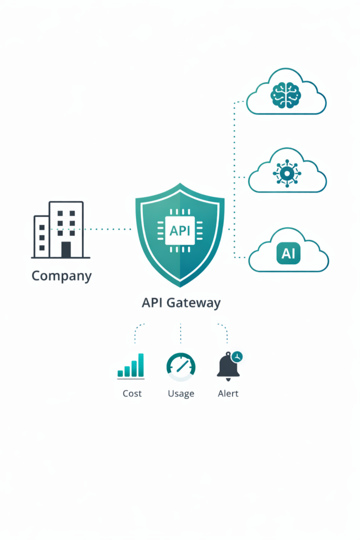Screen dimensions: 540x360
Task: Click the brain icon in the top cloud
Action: [x=286, y=95]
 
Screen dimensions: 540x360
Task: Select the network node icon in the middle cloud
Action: [x=287, y=173]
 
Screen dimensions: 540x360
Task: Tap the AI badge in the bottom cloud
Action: [x=288, y=254]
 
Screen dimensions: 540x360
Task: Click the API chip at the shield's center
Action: [x=180, y=230]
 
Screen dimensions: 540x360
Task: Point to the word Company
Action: [x=62, y=275]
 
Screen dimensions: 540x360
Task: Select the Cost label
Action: [x=132, y=393]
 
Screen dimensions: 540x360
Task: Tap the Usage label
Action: [x=181, y=393]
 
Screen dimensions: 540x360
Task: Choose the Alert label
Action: [x=228, y=393]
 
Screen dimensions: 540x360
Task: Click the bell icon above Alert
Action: [x=228, y=367]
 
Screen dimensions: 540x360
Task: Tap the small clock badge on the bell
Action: [x=237, y=356]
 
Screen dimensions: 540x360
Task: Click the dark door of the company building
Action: [x=66, y=249]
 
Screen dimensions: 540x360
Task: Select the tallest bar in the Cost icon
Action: [x=141, y=365]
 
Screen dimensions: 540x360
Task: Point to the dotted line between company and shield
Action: [x=108, y=229]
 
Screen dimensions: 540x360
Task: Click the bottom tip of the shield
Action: [x=180, y=285]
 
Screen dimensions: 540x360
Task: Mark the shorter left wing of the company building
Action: [x=42, y=237]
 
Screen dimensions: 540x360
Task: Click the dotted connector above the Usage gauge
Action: [x=181, y=333]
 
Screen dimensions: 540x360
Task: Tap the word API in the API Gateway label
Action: [x=153, y=303]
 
